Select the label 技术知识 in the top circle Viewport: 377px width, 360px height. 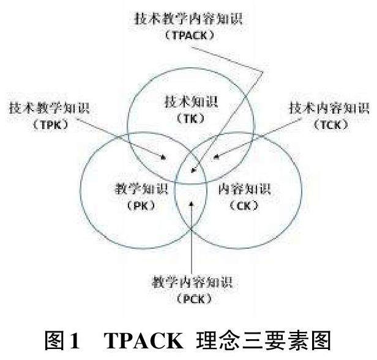click(190, 100)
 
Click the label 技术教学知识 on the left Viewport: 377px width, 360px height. click(48, 109)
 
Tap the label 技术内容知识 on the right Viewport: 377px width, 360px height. click(329, 109)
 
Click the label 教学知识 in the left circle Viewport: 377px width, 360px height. click(136, 187)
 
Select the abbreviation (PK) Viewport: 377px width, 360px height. click(135, 205)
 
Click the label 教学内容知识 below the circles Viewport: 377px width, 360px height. click(193, 283)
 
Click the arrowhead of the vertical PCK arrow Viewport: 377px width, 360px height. click(193, 201)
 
